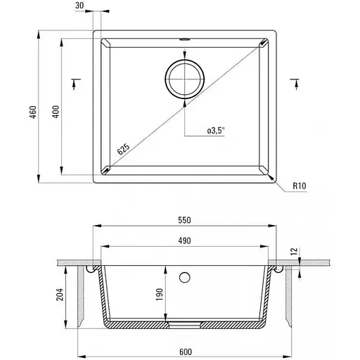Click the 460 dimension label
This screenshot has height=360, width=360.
pyautogui.click(x=34, y=112)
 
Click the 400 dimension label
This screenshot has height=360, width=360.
pyautogui.click(x=56, y=112)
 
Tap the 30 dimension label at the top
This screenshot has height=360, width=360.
pyautogui.click(x=79, y=6)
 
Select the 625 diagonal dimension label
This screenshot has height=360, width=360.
pyautogui.click(x=123, y=149)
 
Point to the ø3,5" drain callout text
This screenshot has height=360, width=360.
pyautogui.click(x=216, y=131)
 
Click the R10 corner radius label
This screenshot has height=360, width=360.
pyautogui.click(x=300, y=186)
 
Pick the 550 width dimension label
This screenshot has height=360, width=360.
pyautogui.click(x=184, y=220)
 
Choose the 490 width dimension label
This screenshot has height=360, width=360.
pyautogui.click(x=184, y=240)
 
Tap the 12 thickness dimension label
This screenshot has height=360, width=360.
pyautogui.click(x=295, y=251)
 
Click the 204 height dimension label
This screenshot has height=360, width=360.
pyautogui.click(x=60, y=295)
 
